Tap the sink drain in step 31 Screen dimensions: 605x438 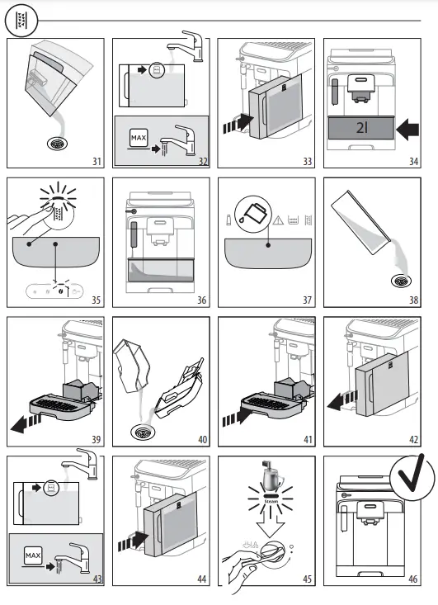[58, 142]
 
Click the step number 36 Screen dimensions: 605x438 [200, 300]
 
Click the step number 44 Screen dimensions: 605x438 [200, 579]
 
